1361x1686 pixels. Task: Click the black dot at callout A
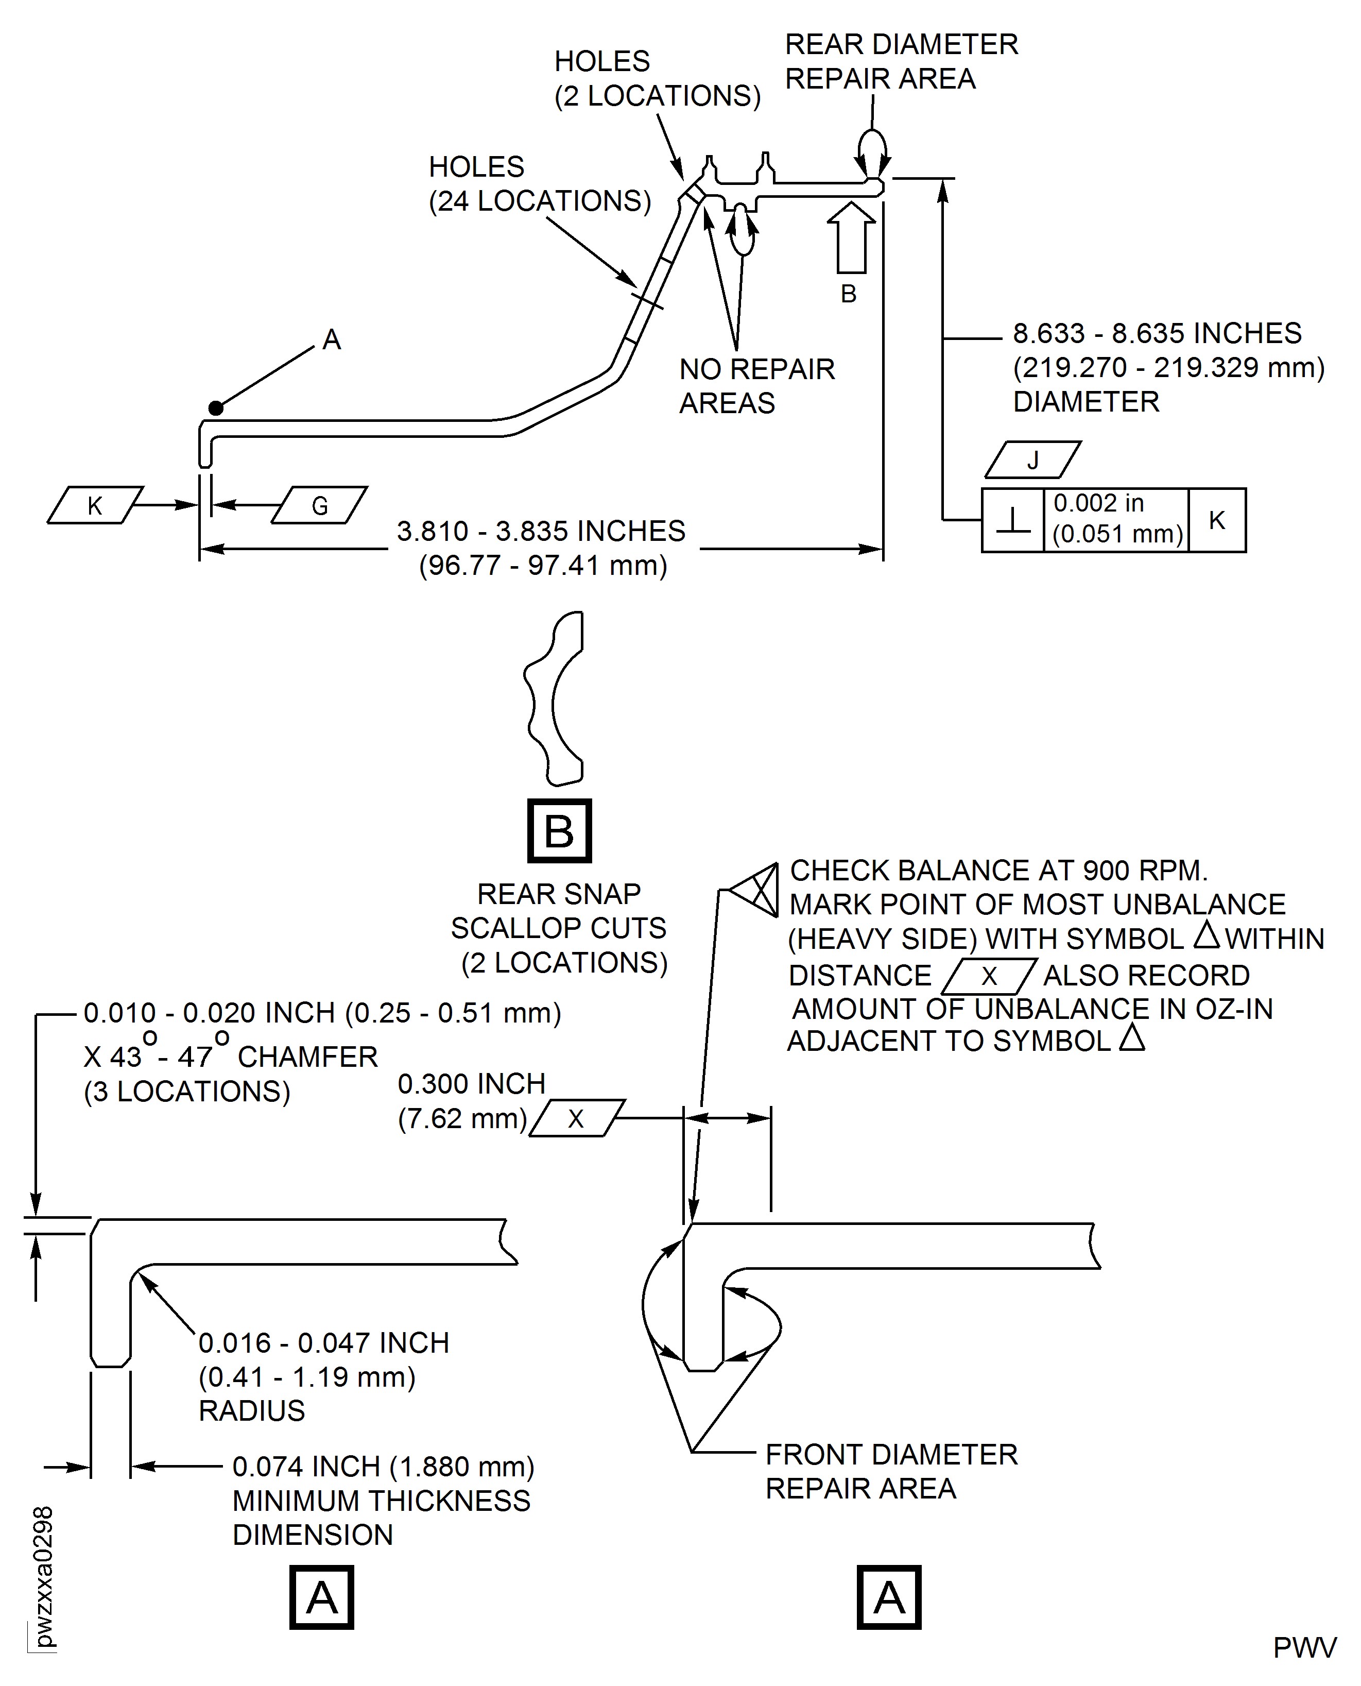pos(216,408)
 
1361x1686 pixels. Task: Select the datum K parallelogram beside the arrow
pos(95,505)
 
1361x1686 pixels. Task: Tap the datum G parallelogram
pos(319,505)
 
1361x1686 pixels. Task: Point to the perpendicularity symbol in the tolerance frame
pos(1013,521)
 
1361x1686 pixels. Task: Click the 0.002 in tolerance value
pos(1098,503)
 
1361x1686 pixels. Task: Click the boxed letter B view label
pos(559,830)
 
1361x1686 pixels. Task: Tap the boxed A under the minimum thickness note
pos(321,1597)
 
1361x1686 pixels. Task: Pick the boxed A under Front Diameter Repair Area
pos(888,1597)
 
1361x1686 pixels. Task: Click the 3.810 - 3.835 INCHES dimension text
pos(541,531)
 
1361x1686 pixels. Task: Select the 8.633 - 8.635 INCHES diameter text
pos(1157,333)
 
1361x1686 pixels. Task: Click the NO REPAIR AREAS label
pos(756,386)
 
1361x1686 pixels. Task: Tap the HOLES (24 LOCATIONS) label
pos(539,184)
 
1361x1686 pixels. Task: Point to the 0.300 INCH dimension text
pos(471,1084)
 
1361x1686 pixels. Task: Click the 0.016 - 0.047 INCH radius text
pos(323,1342)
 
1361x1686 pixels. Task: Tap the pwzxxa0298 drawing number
pos(43,1576)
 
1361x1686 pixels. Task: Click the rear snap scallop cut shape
pos(554,698)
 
